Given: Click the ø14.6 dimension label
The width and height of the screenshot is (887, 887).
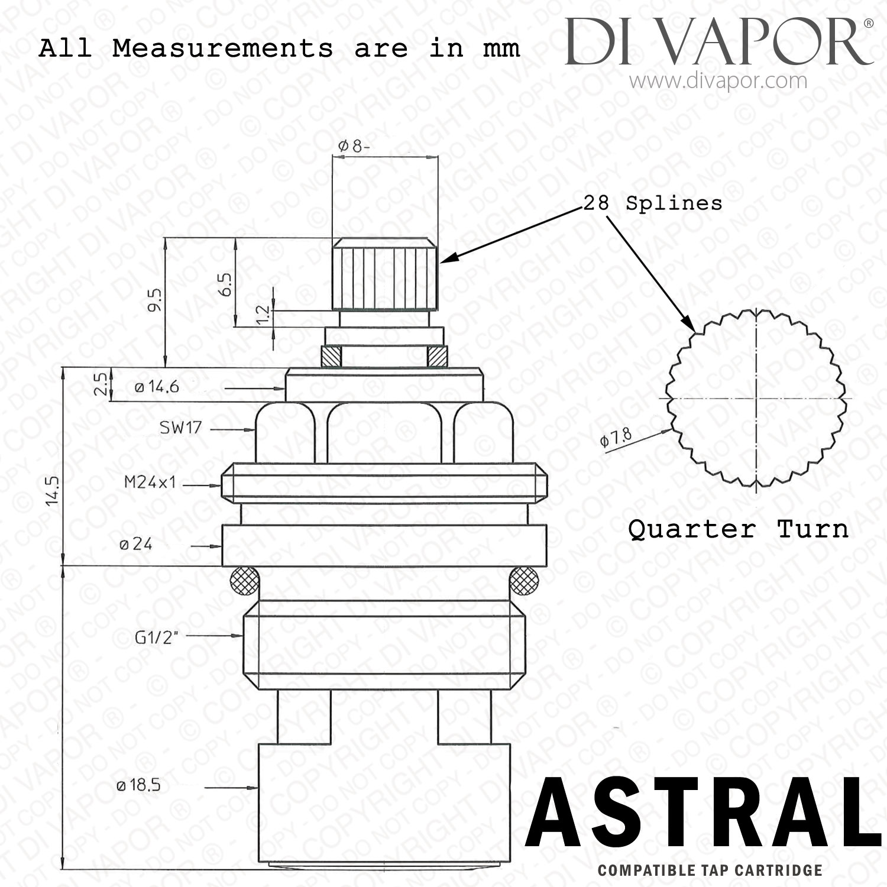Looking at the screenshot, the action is click(156, 387).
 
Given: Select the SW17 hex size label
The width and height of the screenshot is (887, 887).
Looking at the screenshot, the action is click(181, 428).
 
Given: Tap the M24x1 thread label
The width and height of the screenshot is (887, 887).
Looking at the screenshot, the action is click(150, 483).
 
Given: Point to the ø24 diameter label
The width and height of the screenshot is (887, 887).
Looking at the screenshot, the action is click(135, 544).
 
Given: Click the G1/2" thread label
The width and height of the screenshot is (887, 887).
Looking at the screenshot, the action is click(157, 637).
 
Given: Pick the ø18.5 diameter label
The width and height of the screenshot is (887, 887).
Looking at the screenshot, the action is click(138, 786).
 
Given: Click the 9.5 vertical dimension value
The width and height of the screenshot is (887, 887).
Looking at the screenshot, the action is click(156, 301).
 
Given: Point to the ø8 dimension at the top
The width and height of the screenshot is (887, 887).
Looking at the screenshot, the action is click(354, 146).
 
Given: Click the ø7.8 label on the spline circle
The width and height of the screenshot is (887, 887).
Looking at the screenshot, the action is click(616, 438).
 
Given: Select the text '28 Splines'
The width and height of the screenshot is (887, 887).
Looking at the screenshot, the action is click(653, 203).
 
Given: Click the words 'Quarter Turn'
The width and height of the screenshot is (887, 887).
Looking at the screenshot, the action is click(738, 529).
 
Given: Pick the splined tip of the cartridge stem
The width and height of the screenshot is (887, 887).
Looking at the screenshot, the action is click(385, 273).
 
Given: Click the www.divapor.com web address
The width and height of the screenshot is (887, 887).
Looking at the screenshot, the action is click(718, 80).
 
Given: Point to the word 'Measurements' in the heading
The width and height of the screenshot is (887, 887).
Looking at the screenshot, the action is click(223, 48).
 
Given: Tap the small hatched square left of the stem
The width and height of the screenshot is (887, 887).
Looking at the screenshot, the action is click(330, 356).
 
